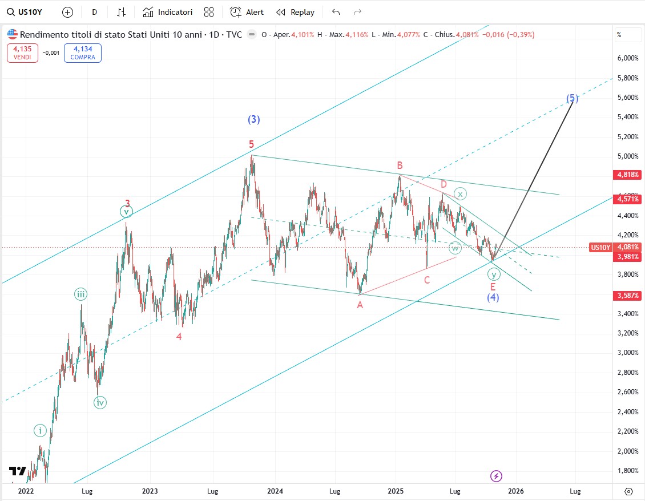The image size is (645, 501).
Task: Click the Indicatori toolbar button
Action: tap(168, 12)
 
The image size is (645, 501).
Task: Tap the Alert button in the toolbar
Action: tap(247, 12)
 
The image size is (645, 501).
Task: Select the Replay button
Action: tap(295, 12)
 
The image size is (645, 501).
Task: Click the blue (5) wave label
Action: tap(573, 98)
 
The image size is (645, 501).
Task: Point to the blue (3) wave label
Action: tap(254, 119)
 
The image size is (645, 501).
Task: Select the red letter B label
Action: tap(400, 165)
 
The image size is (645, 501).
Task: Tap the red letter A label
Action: tap(360, 305)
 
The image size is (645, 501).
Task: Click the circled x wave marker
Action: tap(459, 193)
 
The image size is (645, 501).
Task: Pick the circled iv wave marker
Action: tap(100, 402)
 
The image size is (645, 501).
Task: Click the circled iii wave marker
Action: tap(81, 294)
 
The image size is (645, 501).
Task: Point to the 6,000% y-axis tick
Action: tap(627, 58)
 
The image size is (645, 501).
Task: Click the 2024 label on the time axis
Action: tap(275, 491)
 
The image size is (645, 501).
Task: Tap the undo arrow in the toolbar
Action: tap(336, 12)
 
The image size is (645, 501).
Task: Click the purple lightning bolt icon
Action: tap(497, 476)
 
